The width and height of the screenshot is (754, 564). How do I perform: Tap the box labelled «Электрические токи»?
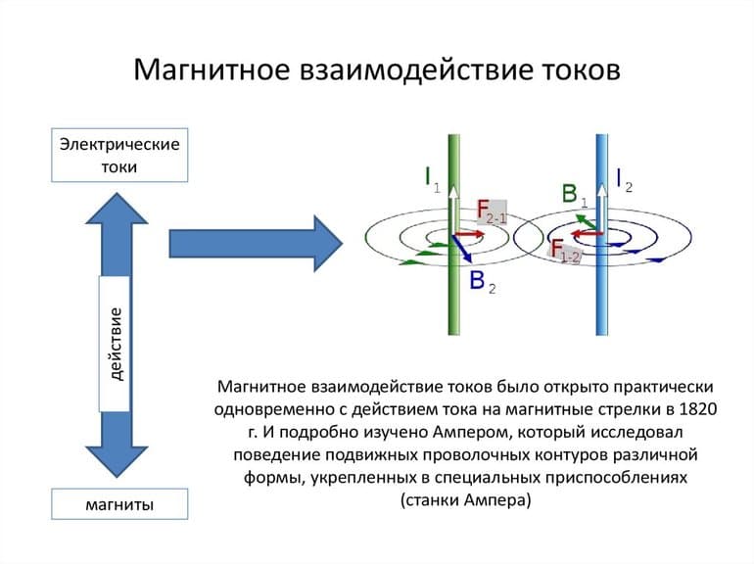(x=119, y=155)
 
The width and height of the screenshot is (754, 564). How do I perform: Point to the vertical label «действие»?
(x=115, y=343)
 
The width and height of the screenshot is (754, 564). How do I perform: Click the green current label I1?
(x=431, y=177)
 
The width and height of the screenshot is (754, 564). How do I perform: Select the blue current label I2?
(x=624, y=177)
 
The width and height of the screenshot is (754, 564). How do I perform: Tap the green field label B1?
(x=574, y=194)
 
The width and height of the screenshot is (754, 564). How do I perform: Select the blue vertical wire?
(x=603, y=304)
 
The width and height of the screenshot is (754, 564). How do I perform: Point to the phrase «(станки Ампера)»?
(x=465, y=500)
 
